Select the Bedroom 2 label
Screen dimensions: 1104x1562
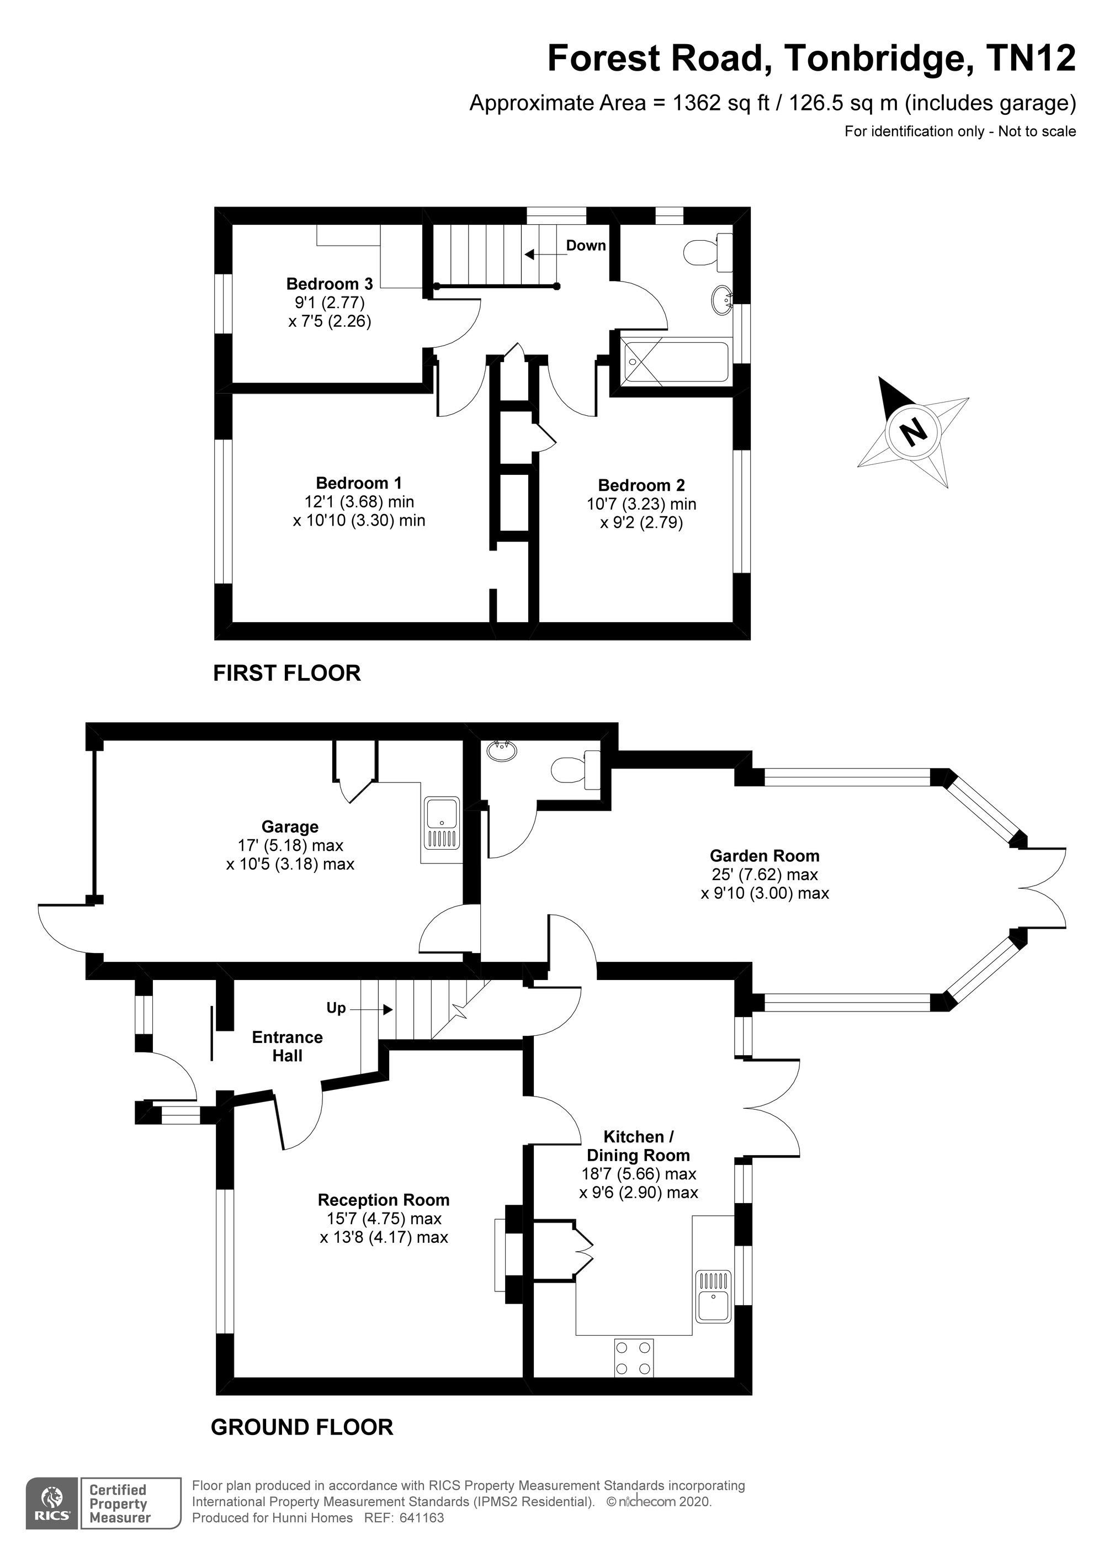(641, 485)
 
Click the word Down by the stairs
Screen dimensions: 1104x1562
(586, 246)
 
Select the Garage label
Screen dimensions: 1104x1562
(290, 827)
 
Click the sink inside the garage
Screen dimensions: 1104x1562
(442, 823)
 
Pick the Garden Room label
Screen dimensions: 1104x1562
(765, 856)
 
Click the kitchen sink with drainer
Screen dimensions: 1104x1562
(712, 1296)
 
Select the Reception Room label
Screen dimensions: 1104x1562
(384, 1200)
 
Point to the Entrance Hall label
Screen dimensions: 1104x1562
(287, 1046)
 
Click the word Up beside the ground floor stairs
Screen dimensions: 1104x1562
(336, 1008)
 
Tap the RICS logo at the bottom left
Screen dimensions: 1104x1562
(51, 1516)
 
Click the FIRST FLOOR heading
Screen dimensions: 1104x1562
(286, 673)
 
